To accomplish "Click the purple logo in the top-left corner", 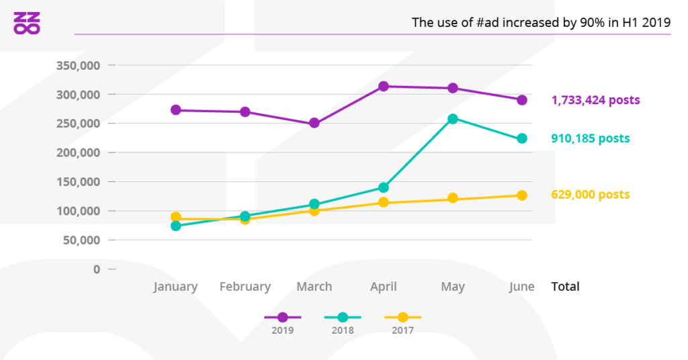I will (x=27, y=23).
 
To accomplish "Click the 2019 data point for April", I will (x=384, y=87).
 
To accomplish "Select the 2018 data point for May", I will (x=453, y=119).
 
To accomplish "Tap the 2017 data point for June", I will (x=522, y=195).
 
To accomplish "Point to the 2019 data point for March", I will (x=314, y=124).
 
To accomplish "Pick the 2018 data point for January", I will (x=176, y=226).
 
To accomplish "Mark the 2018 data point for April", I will (x=384, y=187).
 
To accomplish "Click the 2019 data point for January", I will (x=176, y=110).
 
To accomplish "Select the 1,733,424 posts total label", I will (x=595, y=100).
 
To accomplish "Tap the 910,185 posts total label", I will (x=590, y=138).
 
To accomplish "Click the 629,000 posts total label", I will (x=590, y=195).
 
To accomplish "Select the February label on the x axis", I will (x=245, y=287).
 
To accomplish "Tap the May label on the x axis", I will (x=453, y=287).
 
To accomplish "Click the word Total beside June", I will (x=565, y=287).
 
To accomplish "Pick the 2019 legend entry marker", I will (x=282, y=317).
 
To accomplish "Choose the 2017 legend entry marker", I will (x=402, y=317).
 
